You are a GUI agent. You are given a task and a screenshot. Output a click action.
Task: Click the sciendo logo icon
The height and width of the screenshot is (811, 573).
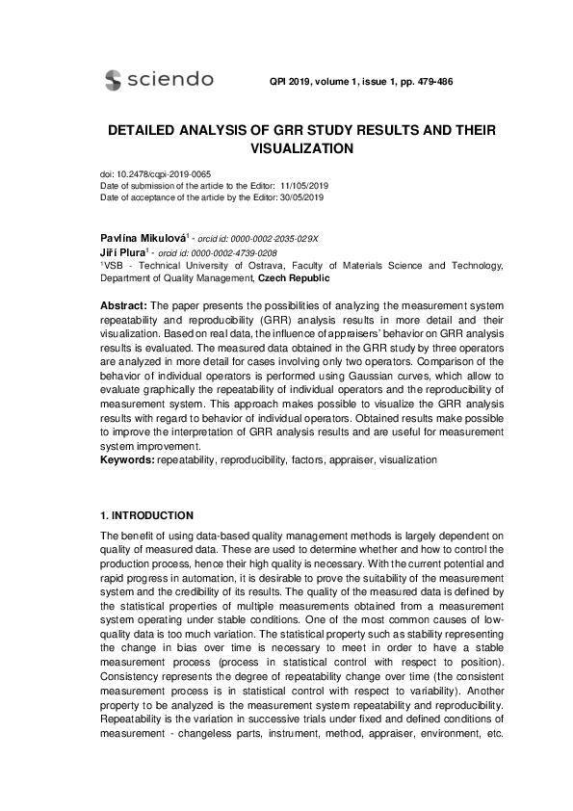click(114, 80)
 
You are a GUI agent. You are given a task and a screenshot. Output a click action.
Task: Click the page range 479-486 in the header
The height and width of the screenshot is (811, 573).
click(431, 81)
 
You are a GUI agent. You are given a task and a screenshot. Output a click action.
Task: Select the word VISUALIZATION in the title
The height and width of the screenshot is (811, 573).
click(301, 149)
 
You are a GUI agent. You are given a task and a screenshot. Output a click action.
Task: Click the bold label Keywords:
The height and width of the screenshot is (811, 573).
click(128, 460)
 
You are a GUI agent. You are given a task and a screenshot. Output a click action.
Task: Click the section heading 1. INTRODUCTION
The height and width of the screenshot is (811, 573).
click(147, 515)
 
